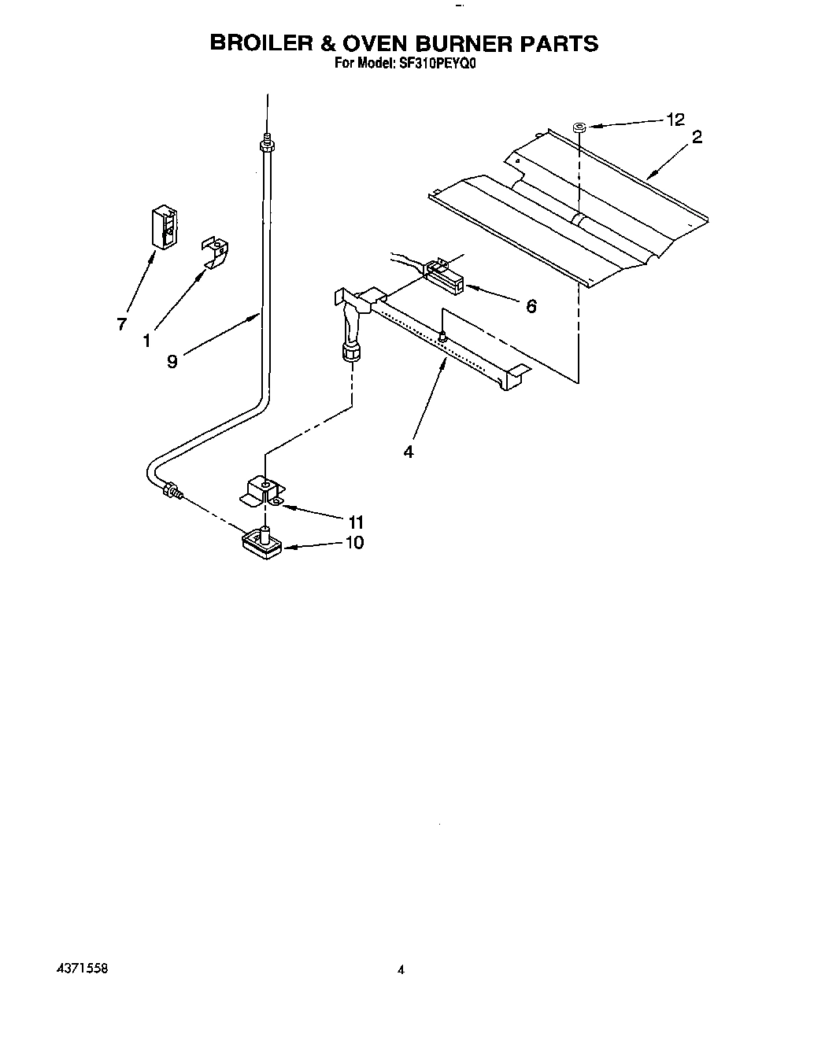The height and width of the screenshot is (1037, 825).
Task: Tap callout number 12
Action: tap(675, 120)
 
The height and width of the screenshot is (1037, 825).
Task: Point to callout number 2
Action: tap(696, 137)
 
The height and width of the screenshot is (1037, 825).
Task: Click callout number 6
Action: tap(531, 306)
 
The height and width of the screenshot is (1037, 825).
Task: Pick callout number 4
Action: tap(408, 451)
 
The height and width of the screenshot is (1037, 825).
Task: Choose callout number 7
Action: tap(121, 323)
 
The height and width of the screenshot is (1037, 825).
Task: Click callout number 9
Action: tap(172, 361)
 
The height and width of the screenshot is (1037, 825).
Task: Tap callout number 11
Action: tap(355, 522)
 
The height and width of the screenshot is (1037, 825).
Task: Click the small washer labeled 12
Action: tap(579, 125)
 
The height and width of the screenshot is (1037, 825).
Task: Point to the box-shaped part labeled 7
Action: tap(164, 227)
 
